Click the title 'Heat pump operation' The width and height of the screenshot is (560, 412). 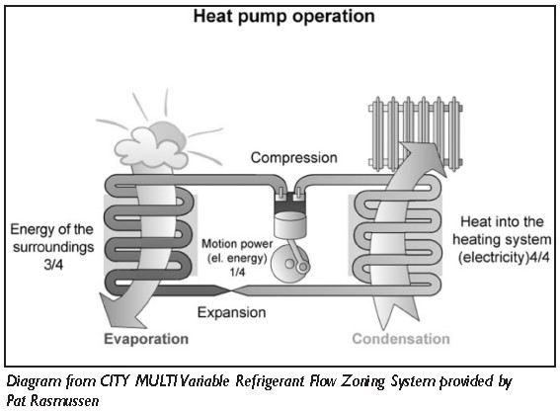(x=283, y=17)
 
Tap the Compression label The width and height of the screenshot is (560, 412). (x=294, y=157)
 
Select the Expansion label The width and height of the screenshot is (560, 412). (x=232, y=312)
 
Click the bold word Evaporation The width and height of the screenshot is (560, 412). (x=146, y=339)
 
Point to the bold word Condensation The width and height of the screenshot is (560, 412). (x=401, y=339)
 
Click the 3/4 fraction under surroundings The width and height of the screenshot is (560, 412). (x=53, y=265)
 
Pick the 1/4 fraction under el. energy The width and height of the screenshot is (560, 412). (x=237, y=272)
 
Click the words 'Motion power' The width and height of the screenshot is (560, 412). (x=237, y=244)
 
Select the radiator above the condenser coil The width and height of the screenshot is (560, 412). (x=416, y=133)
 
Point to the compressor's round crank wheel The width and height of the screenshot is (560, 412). (x=290, y=265)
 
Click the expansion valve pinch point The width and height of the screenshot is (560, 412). (x=232, y=290)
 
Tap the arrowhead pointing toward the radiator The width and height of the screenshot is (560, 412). (x=425, y=157)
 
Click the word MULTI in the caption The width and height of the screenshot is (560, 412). (x=156, y=381)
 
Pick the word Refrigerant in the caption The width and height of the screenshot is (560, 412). (x=269, y=381)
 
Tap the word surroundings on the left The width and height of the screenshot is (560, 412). (x=53, y=247)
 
